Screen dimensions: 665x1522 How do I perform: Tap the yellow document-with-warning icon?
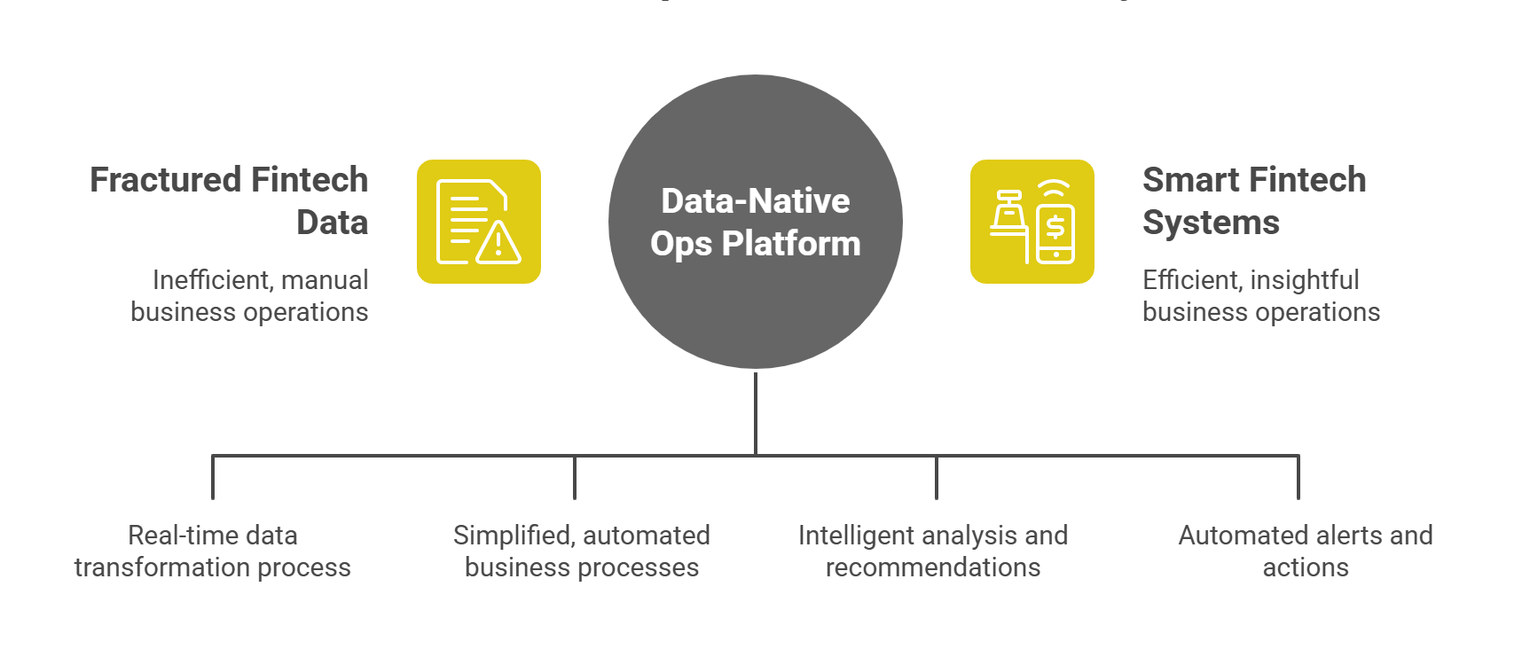click(479, 222)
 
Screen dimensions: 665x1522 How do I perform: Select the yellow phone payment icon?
click(1032, 222)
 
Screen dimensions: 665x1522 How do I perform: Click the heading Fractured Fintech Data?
click(229, 200)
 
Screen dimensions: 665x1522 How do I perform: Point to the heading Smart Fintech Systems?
click(1254, 200)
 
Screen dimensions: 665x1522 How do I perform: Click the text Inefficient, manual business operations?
click(249, 296)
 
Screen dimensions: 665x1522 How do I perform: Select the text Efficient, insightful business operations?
click(1260, 296)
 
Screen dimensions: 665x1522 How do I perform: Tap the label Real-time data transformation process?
click(213, 551)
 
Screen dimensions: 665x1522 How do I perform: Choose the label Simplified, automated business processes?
click(582, 551)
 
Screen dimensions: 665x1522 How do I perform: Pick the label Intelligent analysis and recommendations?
click(933, 551)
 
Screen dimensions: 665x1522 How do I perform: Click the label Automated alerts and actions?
click(1305, 551)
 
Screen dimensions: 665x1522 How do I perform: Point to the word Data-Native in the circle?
click(755, 201)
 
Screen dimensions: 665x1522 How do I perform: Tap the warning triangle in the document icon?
click(498, 242)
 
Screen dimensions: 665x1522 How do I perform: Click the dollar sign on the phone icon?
click(1055, 228)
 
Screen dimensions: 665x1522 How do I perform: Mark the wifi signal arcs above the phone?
click(1054, 190)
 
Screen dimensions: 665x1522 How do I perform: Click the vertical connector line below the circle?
click(755, 412)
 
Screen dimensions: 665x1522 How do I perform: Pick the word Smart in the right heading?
click(1185, 180)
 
